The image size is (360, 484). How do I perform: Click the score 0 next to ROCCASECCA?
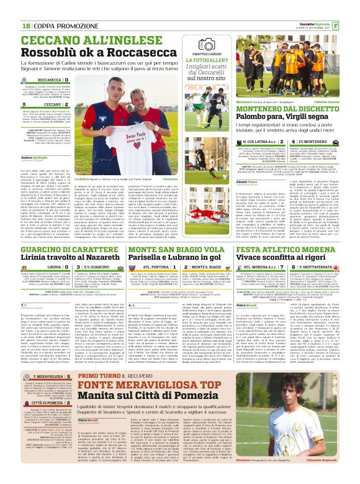pyautogui.click(x=83, y=80)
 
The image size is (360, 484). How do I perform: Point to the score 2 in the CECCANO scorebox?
pyautogui.click(x=83, y=105)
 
